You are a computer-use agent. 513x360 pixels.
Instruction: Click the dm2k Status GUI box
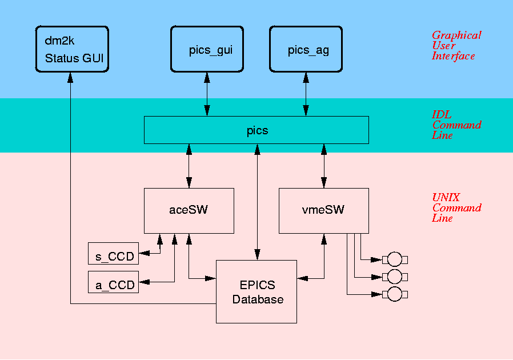tap(72, 49)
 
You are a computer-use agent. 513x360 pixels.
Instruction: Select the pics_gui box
tap(207, 50)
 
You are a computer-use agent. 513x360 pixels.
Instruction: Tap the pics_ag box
tap(307, 50)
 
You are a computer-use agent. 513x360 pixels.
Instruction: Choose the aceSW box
tap(189, 210)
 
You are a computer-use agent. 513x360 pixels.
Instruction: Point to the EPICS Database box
tap(256, 291)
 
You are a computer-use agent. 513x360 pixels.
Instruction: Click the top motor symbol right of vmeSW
tap(394, 260)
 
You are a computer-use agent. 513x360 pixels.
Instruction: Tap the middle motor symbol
tap(394, 277)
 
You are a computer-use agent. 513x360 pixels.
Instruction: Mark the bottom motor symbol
tap(394, 294)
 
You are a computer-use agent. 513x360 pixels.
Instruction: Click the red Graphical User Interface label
tap(456, 46)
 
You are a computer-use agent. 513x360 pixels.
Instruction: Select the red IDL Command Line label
tap(456, 125)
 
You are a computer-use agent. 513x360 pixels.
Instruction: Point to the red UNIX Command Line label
tap(456, 207)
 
